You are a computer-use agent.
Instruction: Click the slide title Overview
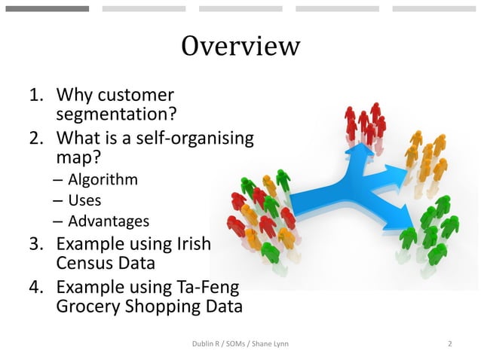point(240,46)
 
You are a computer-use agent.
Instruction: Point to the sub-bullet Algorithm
point(103,180)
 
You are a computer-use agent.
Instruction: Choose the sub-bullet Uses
point(84,201)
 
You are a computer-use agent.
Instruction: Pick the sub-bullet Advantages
point(109,221)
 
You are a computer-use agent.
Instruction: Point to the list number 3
point(35,246)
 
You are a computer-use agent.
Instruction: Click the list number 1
point(35,96)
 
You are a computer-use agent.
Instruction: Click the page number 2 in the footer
point(449,344)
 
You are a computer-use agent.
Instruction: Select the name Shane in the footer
point(264,344)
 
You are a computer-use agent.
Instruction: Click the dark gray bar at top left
point(47,9)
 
